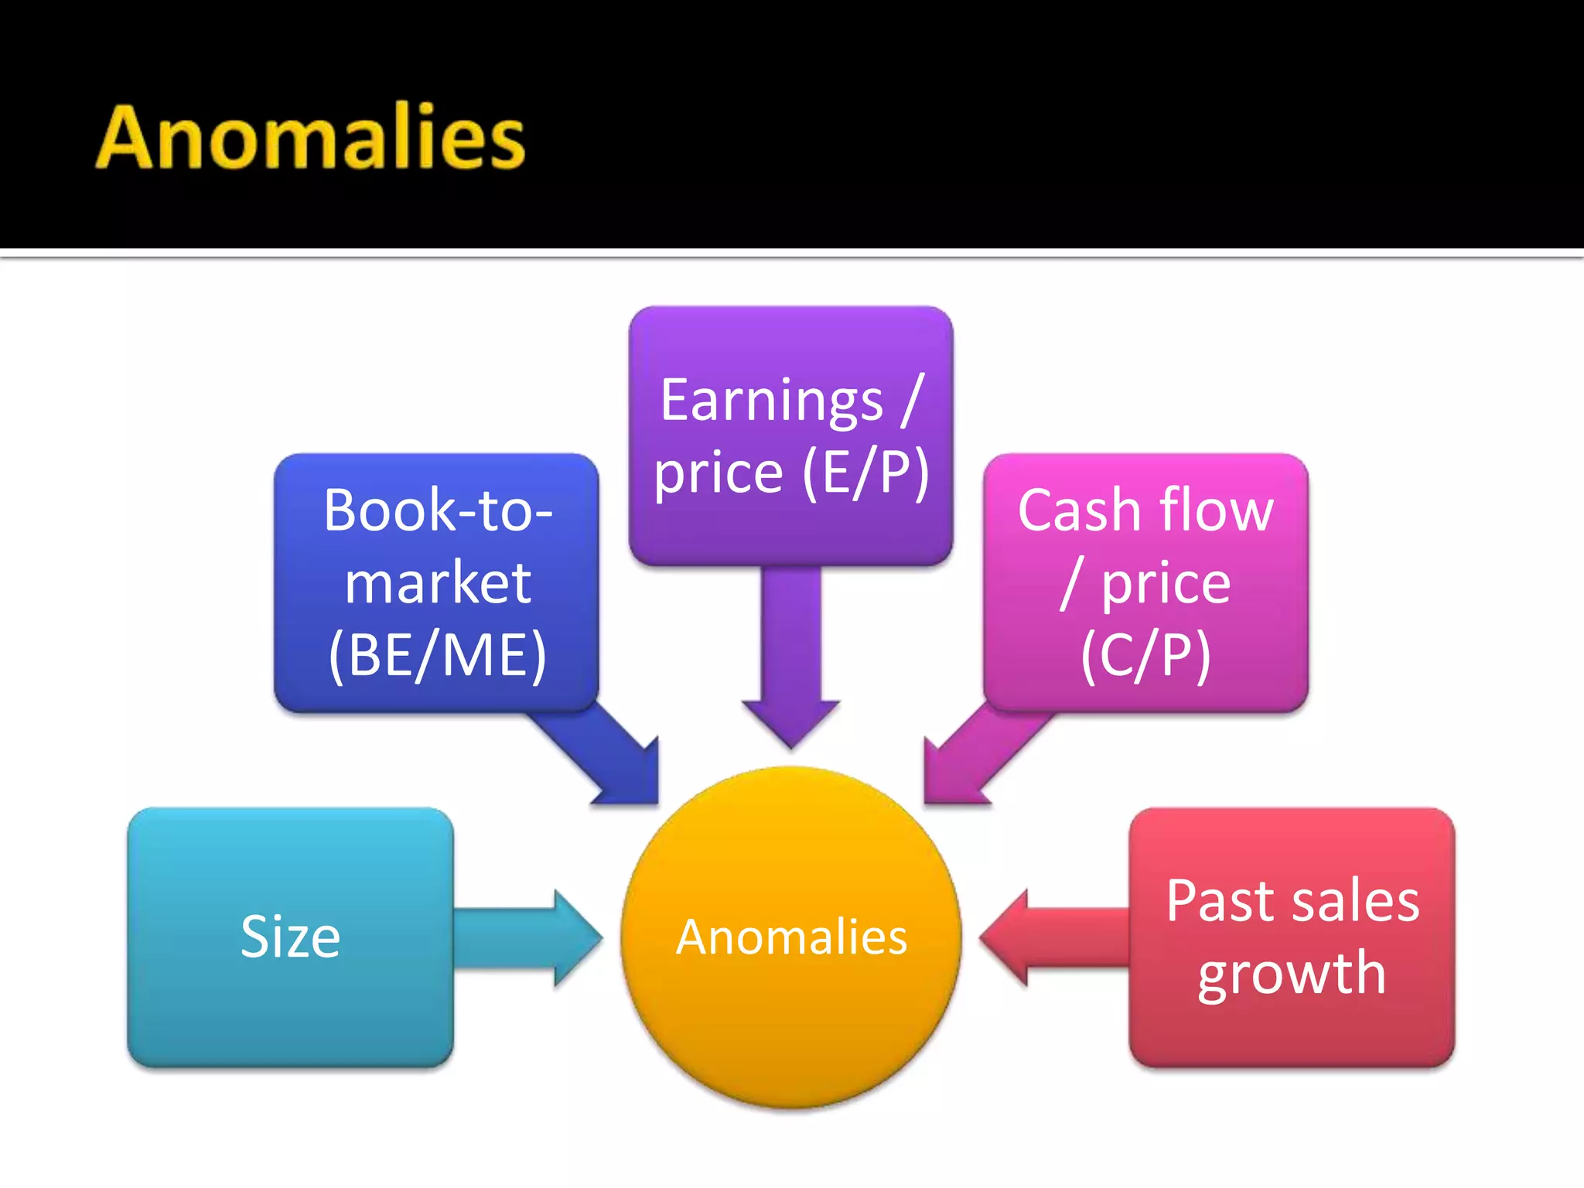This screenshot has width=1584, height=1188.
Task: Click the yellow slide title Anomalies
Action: pos(310,138)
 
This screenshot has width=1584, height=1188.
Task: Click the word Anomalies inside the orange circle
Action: pos(791,937)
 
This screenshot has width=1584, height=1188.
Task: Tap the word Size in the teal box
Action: pos(290,937)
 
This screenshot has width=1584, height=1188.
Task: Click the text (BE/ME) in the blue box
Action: pos(437,655)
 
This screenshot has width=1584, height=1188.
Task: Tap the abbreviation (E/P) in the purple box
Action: pos(865,472)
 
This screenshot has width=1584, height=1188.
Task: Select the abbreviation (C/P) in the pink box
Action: pos(1145,655)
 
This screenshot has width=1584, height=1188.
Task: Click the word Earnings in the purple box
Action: pos(771,401)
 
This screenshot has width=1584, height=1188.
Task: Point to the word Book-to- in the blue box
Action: pos(438,510)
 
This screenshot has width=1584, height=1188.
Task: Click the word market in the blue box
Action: pos(438,582)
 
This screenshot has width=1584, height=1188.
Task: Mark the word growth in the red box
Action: pos(1292,974)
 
